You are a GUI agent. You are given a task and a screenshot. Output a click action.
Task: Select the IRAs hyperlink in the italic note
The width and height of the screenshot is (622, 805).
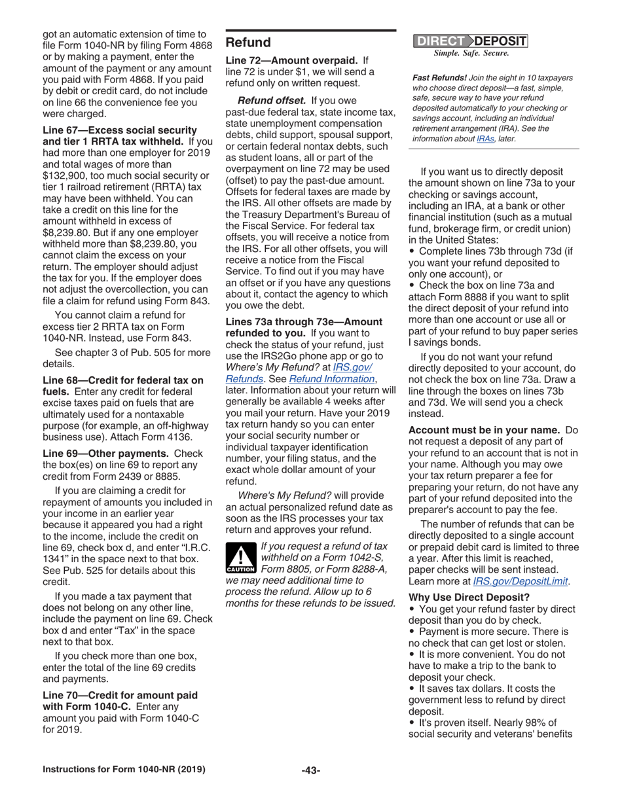(x=485, y=139)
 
